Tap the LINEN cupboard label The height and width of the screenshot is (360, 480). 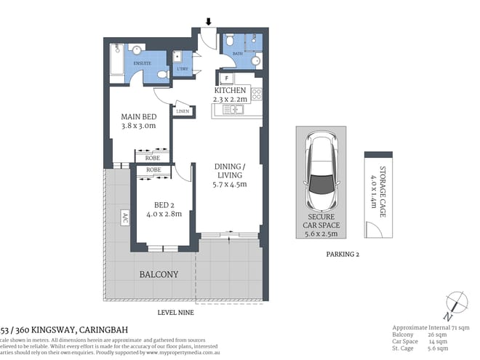pos(183,111)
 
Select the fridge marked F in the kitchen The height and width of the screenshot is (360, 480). pos(228,77)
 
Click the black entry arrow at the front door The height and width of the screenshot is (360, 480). pos(209,20)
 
